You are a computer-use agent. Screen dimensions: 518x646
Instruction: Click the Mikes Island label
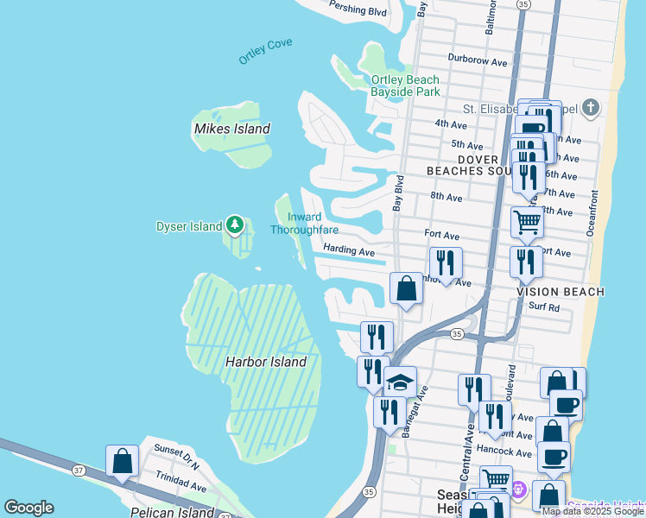231,129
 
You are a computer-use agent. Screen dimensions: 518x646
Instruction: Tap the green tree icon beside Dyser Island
235,225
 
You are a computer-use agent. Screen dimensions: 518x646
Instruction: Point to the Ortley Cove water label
266,50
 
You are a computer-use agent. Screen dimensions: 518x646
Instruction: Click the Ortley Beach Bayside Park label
405,85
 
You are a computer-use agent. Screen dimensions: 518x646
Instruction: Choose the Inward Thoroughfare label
303,224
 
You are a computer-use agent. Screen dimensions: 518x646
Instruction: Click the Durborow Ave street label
478,61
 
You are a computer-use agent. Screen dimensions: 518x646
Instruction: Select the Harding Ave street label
349,251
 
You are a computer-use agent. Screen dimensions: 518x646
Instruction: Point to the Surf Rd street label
544,306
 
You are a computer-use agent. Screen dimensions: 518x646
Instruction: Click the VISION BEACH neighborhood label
560,292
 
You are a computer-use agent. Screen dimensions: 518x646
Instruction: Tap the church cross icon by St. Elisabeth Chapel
590,108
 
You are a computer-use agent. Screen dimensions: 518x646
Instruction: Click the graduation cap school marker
400,381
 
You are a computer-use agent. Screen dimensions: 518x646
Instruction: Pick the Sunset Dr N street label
176,452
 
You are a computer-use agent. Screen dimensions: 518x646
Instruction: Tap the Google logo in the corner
28,508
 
